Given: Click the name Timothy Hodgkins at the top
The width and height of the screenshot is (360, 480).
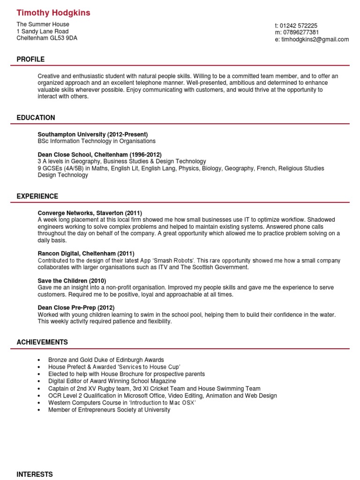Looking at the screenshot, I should click(53, 13).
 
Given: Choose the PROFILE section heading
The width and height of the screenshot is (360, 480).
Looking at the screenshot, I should click(30, 59).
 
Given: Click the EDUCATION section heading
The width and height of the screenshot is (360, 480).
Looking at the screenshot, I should click(36, 118).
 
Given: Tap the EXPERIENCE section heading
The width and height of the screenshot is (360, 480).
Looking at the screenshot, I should click(37, 196).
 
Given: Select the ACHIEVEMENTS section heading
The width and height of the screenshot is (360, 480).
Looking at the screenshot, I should click(42, 342).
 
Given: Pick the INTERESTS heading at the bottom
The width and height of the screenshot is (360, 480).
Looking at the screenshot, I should click(34, 474).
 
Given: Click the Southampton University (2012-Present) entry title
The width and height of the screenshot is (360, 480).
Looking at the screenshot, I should click(92, 134).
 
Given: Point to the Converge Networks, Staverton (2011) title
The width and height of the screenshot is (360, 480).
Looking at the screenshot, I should click(90, 213).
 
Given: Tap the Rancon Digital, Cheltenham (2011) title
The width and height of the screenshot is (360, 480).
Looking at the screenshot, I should click(86, 254).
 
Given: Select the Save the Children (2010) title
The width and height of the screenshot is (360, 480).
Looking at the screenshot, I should click(69, 280).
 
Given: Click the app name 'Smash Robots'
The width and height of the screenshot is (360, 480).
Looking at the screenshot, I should click(174, 261).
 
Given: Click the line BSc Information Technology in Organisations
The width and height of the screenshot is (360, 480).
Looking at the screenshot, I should click(96, 141).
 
